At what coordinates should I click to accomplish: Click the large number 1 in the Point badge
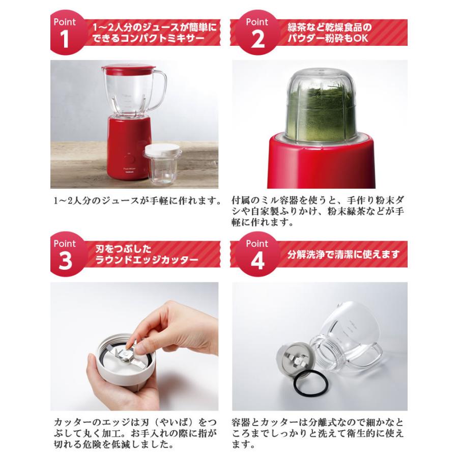click(x=64, y=39)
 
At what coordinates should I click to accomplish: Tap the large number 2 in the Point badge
click(x=257, y=39)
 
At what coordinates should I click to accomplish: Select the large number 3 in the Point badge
click(x=65, y=261)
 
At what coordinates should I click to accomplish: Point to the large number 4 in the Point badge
click(x=257, y=261)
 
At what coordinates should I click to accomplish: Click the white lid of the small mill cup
click(x=161, y=151)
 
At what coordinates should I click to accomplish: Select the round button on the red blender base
click(x=129, y=160)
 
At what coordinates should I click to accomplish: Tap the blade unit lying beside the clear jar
click(x=294, y=359)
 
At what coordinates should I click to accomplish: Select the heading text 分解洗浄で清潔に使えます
click(x=343, y=254)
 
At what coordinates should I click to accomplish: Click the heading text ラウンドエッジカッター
click(x=147, y=260)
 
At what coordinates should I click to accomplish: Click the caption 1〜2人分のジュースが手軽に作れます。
click(x=137, y=201)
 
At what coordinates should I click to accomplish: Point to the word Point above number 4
click(x=257, y=244)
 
